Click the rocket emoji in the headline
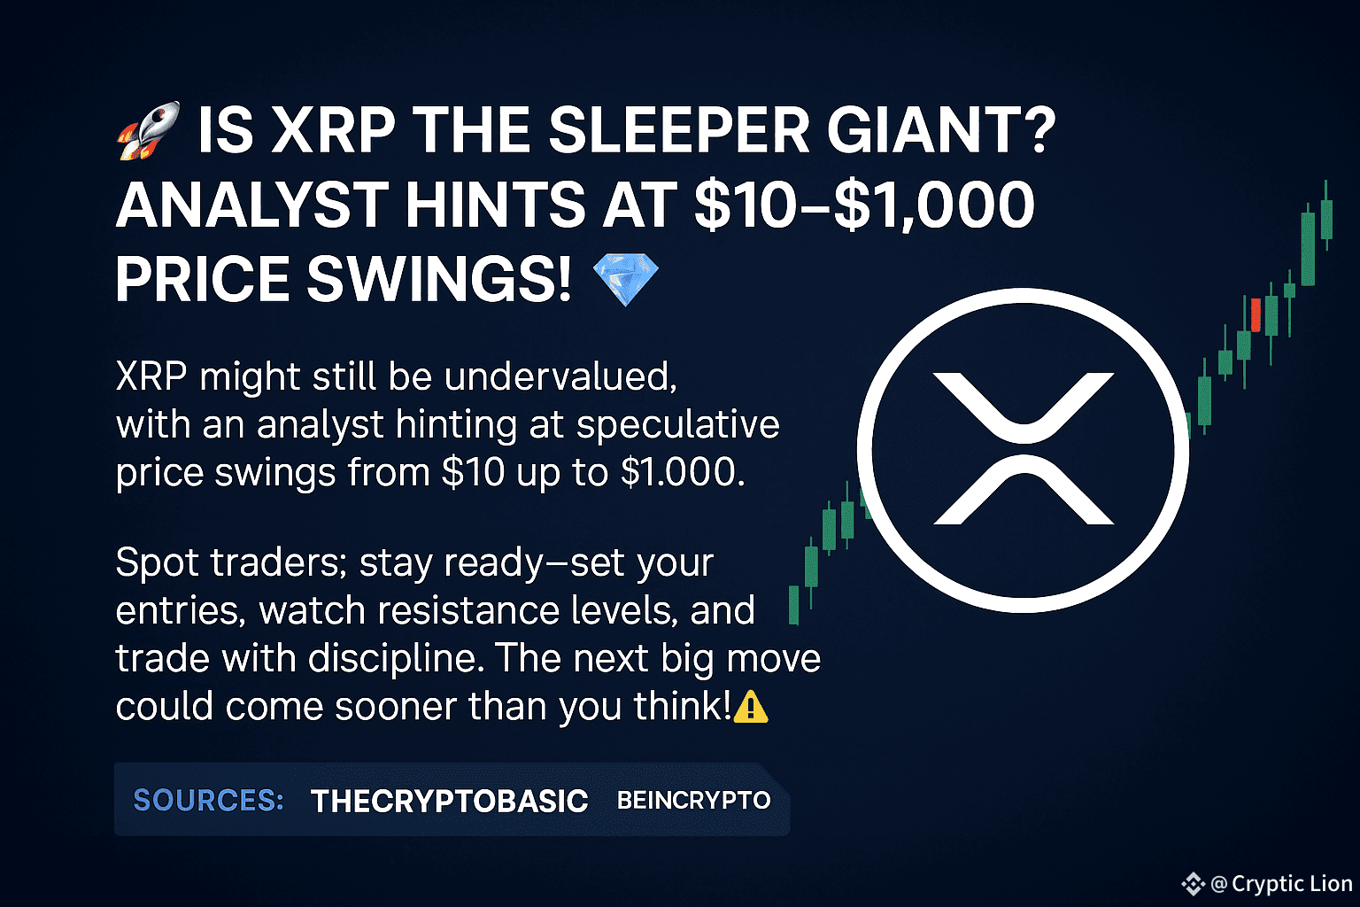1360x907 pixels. pyautogui.click(x=149, y=130)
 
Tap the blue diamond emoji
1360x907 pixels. pyautogui.click(x=625, y=279)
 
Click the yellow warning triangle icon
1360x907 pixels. pyautogui.click(x=751, y=707)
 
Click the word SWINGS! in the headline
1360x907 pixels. pyautogui.click(x=439, y=279)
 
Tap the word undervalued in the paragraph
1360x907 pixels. pyautogui.click(x=560, y=376)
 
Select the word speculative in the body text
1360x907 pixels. pyautogui.click(x=677, y=425)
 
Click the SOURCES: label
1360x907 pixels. pyautogui.click(x=208, y=800)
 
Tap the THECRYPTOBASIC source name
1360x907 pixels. pyautogui.click(x=449, y=801)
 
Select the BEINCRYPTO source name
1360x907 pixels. pyautogui.click(x=693, y=800)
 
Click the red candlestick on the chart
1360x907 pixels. pyautogui.click(x=1256, y=315)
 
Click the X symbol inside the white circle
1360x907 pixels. pyautogui.click(x=1024, y=449)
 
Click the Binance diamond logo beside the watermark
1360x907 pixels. pyautogui.click(x=1193, y=884)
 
